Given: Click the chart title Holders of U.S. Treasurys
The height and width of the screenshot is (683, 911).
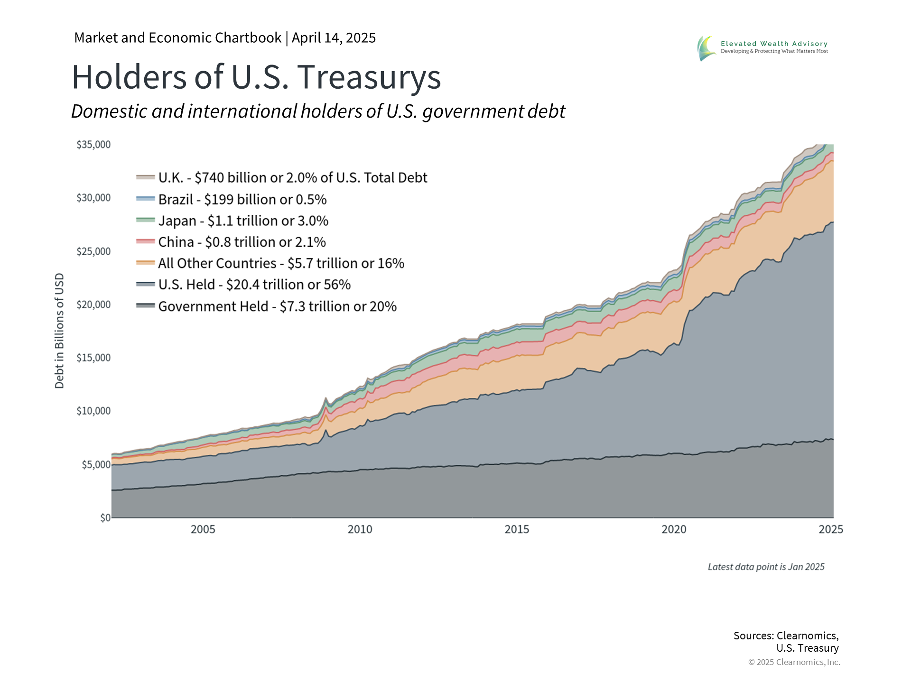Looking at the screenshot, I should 256,77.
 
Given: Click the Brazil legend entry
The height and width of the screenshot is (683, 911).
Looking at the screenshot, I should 242,199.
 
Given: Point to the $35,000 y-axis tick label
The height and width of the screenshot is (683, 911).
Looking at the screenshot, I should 93,144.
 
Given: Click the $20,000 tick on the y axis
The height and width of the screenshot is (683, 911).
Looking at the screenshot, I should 93,305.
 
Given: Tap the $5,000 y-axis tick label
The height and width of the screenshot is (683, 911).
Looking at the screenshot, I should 96,464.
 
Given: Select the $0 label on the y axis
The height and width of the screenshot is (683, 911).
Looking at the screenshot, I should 105,517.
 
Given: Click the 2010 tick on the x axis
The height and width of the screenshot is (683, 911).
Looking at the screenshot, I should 360,529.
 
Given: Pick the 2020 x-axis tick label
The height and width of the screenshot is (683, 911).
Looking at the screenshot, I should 674,529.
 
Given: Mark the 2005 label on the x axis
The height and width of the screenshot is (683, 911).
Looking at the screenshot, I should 203,529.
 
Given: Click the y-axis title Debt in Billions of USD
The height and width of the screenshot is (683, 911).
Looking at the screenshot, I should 59,331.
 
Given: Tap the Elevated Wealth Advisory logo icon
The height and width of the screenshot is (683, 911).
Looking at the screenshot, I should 706,48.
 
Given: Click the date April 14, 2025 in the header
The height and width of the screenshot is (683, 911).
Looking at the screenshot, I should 334,38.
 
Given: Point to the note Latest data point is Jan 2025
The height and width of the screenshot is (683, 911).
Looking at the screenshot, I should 766,567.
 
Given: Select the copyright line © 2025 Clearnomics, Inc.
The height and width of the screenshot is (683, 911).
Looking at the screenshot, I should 794,662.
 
